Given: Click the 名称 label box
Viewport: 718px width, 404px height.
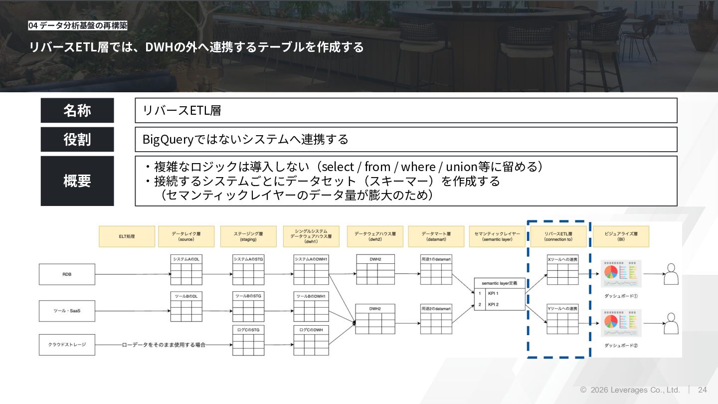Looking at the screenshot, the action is pos(77,110).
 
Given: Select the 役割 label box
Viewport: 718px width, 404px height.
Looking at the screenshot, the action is pos(77,139).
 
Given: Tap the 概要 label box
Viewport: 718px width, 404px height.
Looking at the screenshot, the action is pos(77,181).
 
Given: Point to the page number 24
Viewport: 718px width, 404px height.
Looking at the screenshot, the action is pos(702,390).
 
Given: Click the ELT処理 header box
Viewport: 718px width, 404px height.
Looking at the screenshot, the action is pos(127,236).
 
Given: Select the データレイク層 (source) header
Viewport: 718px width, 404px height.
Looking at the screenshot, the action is pos(186,236).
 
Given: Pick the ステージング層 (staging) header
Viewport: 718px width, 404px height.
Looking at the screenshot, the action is pos(248,236).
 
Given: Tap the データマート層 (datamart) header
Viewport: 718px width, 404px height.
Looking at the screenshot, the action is pos(436,236).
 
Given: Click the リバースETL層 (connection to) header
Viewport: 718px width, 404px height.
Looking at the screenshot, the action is pos(558,236).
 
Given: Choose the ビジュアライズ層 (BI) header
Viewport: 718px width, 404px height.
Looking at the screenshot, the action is pos(621,236).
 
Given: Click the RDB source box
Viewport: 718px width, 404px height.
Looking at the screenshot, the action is pos(67,274).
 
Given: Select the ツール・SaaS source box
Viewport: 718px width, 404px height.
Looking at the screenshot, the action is pos(67,311).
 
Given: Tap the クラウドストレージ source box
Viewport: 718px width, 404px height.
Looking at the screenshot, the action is pos(67,345).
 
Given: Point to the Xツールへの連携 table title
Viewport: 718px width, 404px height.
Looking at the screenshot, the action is pos(562,259).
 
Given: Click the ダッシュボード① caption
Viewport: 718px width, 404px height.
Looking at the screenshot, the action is pos(621,296).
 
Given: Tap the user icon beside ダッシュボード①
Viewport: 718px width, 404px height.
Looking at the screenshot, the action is pos(672,274).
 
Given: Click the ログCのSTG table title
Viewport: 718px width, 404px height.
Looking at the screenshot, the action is pos(248,330).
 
